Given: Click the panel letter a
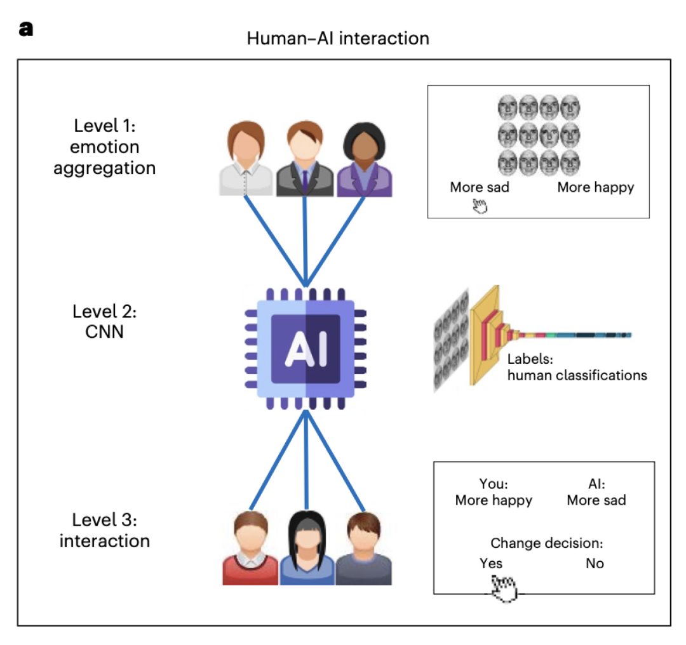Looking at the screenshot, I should tap(26, 29).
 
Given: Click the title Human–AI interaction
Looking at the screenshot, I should tap(337, 38).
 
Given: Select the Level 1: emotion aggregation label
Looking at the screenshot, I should tap(104, 147).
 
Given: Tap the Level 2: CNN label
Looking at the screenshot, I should tap(104, 321).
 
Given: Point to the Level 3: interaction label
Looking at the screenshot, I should tap(104, 530).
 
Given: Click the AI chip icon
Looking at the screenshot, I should tap(306, 348).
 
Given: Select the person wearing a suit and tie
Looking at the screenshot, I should tap(306, 160).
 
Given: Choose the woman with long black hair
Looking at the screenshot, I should tap(307, 550).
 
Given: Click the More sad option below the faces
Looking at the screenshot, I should tap(480, 187).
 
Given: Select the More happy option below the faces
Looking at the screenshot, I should tap(595, 187).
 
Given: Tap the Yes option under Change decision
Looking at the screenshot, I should tap(491, 563).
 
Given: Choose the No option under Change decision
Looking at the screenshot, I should tap(595, 563).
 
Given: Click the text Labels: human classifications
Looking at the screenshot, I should tap(577, 367).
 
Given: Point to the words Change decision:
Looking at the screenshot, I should tap(546, 543).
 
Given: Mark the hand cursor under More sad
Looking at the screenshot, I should tap(479, 206).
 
